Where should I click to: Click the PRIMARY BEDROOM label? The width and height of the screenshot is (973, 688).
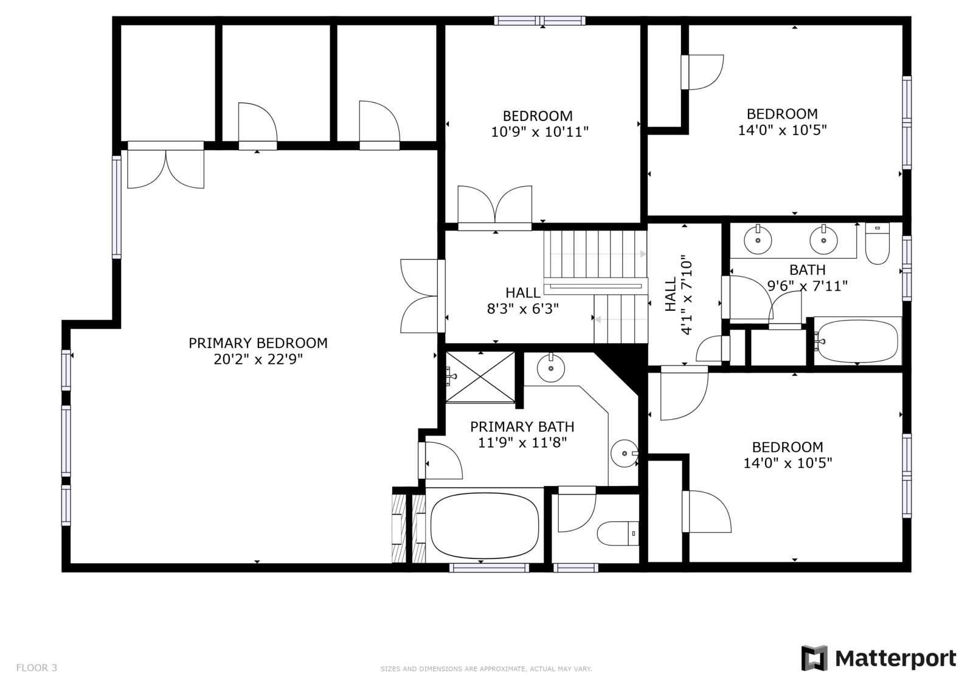click(x=258, y=343)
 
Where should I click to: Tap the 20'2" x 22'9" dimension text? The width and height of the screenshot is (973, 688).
click(x=258, y=360)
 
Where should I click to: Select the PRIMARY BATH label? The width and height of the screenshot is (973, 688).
click(x=522, y=427)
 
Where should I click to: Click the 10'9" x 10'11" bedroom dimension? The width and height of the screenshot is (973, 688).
click(x=539, y=131)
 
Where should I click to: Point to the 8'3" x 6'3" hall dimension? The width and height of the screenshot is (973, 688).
click(x=522, y=308)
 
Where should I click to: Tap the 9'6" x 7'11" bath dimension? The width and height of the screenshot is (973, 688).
click(x=807, y=286)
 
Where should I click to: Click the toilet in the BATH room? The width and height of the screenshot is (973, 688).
click(x=877, y=243)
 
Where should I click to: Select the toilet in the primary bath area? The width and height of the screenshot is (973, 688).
click(x=618, y=533)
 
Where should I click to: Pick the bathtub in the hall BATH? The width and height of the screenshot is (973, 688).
click(x=857, y=342)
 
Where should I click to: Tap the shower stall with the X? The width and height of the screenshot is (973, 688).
click(x=480, y=377)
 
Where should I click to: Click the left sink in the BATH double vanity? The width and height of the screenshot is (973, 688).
click(x=758, y=240)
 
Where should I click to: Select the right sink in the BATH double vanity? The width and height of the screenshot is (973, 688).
click(x=823, y=240)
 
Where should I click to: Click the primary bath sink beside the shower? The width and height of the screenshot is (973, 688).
click(x=551, y=368)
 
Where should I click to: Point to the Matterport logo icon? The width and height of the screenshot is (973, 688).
click(x=814, y=658)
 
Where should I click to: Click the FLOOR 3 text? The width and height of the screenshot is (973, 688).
click(x=36, y=667)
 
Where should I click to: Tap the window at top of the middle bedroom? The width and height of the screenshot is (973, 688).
click(x=539, y=21)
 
